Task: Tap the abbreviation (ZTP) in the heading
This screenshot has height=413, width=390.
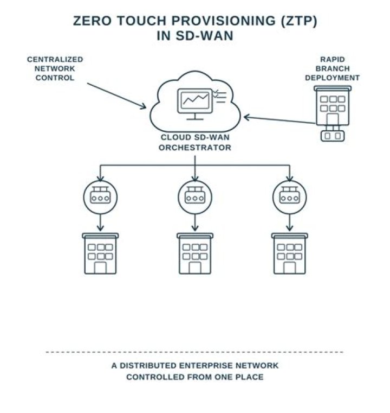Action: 299,21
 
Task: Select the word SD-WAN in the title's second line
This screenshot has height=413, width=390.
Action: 204,36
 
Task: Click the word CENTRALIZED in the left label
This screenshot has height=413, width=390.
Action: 55,59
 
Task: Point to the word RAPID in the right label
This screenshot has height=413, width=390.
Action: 332,59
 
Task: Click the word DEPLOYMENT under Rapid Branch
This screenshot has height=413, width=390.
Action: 332,78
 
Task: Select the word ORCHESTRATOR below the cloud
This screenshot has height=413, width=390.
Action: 195,148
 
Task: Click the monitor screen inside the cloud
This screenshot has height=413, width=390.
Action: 195,100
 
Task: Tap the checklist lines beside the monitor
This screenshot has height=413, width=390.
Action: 220,96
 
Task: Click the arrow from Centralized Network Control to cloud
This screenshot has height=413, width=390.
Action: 116,96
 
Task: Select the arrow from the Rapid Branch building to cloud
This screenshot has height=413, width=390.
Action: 279,119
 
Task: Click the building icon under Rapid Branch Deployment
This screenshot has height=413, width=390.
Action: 333,106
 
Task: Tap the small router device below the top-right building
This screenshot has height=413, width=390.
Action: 333,136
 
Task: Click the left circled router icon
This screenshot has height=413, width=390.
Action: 100,197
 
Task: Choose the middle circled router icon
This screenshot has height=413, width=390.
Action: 195,197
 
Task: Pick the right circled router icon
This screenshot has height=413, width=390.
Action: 289,197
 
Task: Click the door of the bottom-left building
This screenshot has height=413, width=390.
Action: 100,268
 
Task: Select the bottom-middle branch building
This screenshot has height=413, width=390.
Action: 195,253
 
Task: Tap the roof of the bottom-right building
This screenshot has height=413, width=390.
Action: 289,236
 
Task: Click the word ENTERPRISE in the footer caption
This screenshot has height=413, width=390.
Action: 206,366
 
